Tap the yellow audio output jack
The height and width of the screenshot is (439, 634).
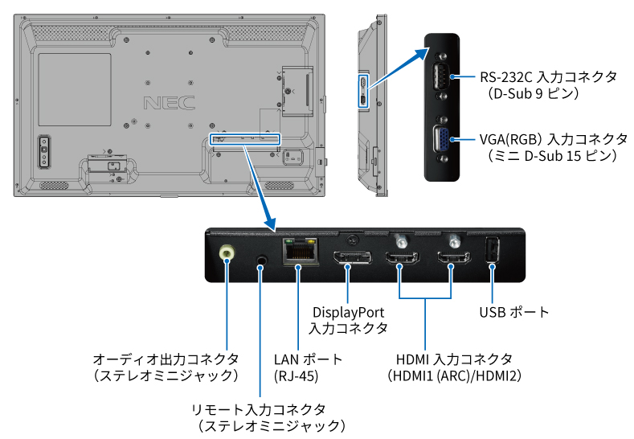pyautogui.click(x=227, y=252)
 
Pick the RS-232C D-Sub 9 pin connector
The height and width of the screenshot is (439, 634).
pyautogui.click(x=441, y=76)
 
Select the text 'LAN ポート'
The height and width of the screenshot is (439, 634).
pyautogui.click(x=308, y=359)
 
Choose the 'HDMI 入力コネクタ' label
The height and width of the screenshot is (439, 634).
pyautogui.click(x=455, y=359)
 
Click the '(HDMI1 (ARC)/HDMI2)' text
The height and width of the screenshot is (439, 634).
pyautogui.click(x=455, y=375)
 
